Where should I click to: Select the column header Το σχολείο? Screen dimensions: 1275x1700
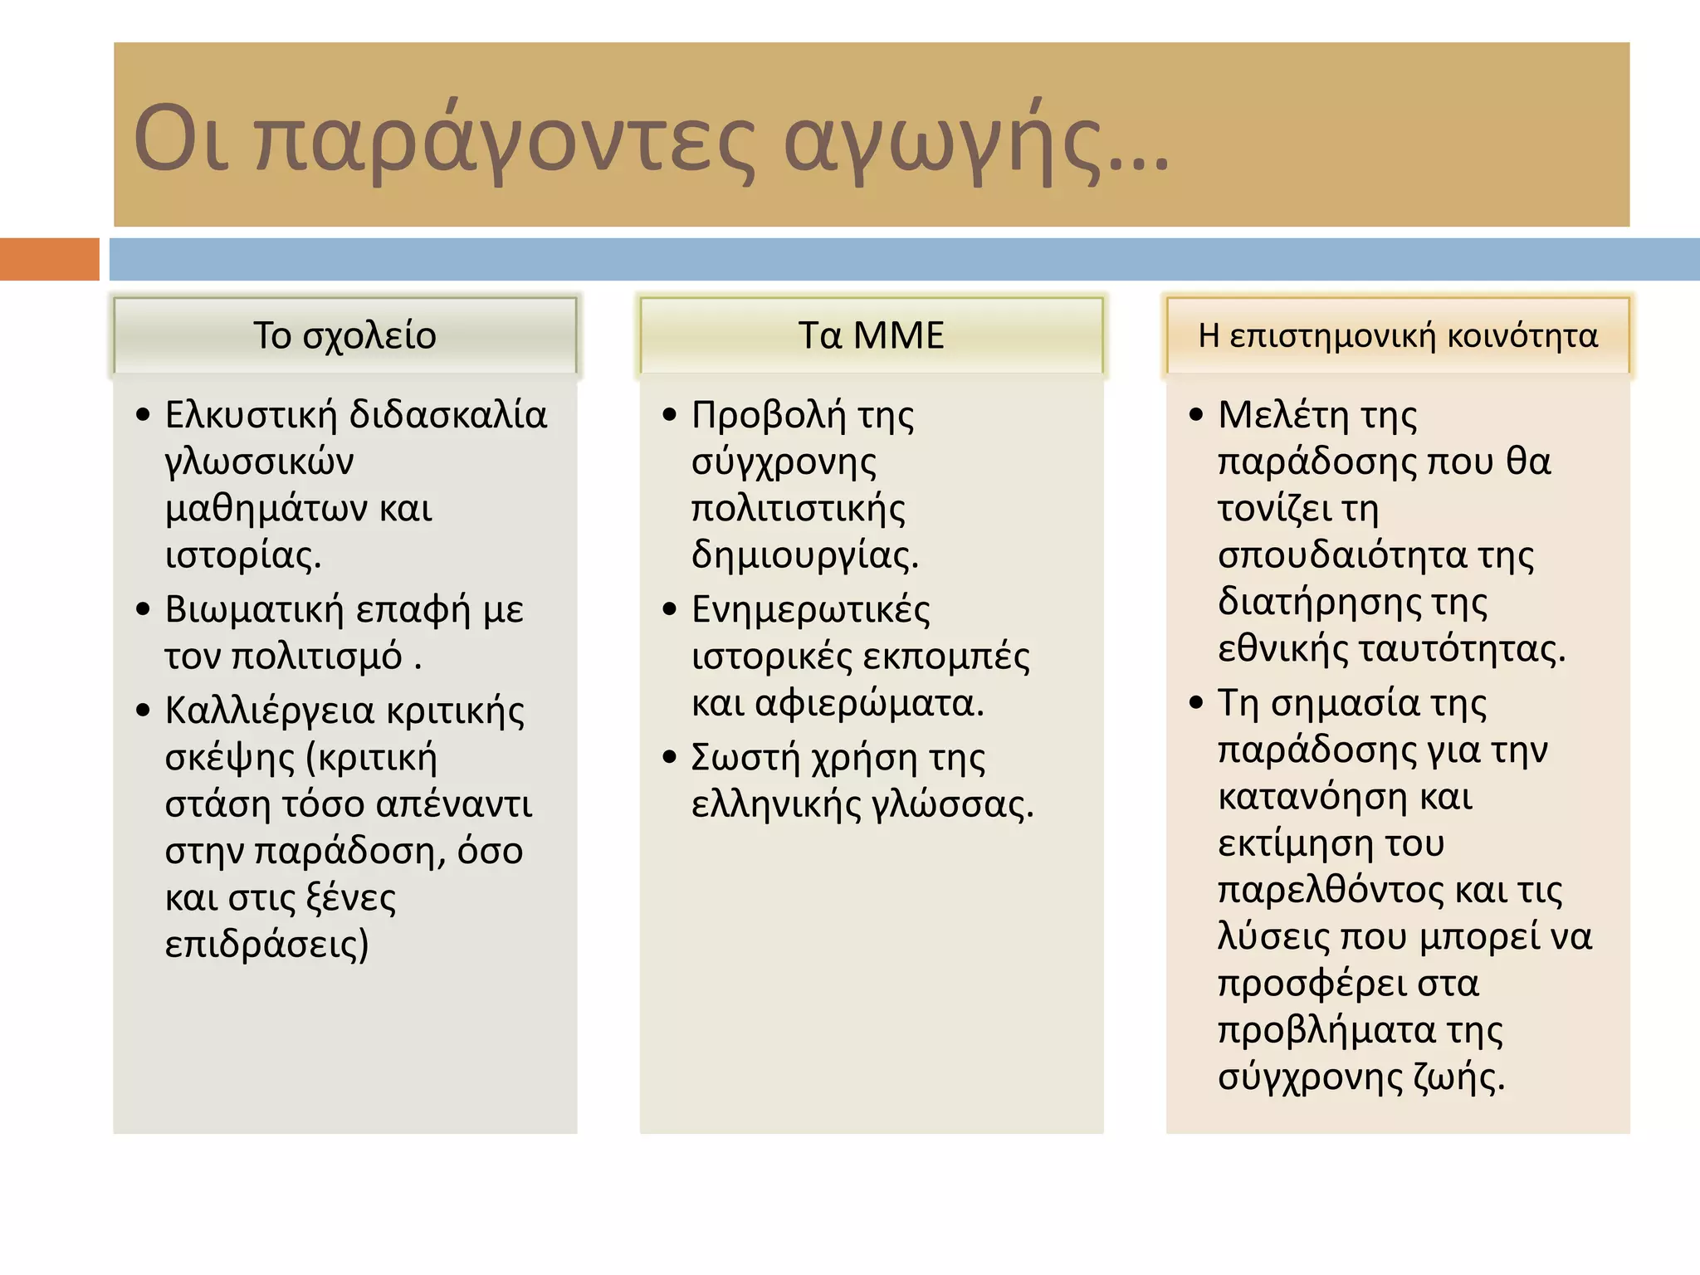pyautogui.click(x=344, y=335)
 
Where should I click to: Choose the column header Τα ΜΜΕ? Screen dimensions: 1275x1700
pyautogui.click(x=871, y=335)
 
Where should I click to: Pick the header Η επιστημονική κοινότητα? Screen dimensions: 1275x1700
pyautogui.click(x=1398, y=335)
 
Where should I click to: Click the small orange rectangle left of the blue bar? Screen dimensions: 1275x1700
pyautogui.click(x=49, y=259)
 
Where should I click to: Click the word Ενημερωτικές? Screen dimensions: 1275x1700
pyautogui.click(x=811, y=609)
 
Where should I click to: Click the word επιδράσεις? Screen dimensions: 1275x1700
pyautogui.click(x=266, y=944)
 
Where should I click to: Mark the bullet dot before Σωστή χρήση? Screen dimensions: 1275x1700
pyautogui.click(x=670, y=757)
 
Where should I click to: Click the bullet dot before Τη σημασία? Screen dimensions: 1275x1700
pyautogui.click(x=1196, y=703)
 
